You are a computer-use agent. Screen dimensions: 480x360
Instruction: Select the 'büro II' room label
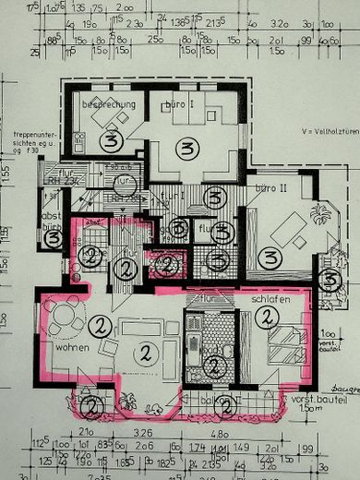270,187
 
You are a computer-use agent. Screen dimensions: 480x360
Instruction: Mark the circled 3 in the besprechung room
112,141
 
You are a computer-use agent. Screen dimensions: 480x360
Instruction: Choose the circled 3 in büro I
189,149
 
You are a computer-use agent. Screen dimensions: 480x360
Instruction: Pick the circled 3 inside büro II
270,258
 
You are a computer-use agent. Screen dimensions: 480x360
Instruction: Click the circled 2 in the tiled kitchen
212,366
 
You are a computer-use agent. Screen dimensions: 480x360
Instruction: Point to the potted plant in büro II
319,214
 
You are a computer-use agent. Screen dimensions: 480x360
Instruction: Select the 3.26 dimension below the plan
141,432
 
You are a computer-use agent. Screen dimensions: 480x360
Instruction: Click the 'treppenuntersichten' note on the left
33,149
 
